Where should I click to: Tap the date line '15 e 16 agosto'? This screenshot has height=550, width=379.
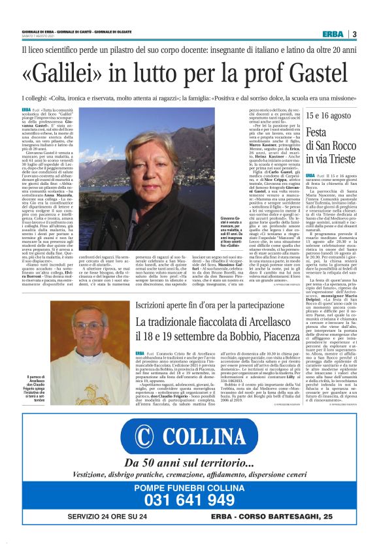[x=326, y=116]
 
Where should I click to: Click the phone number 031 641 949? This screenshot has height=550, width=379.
[x=189, y=501]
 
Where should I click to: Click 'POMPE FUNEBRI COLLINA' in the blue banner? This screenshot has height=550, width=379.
[x=189, y=487]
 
